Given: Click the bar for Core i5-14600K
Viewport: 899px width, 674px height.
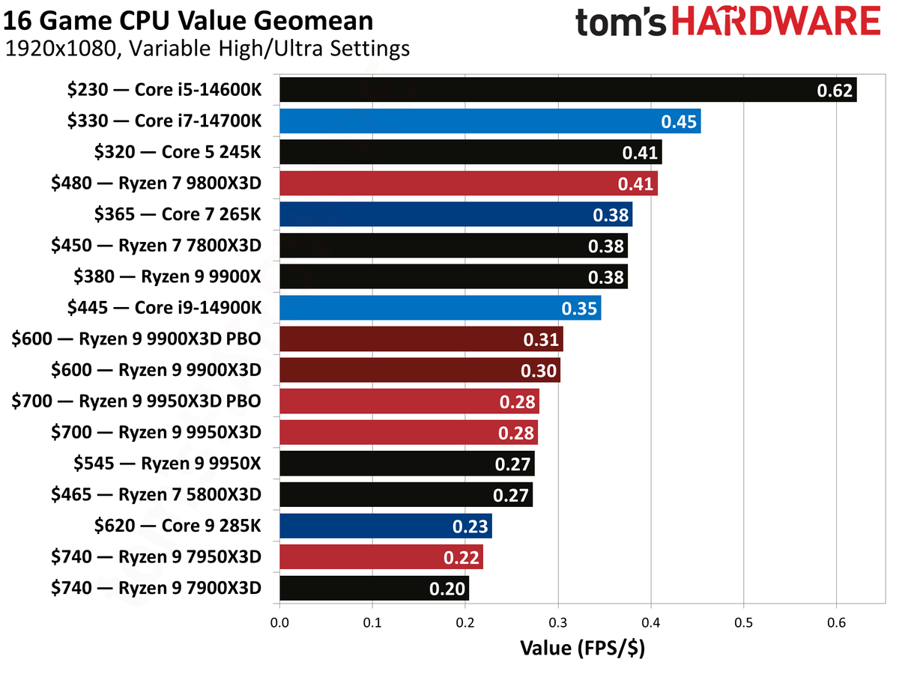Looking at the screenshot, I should [567, 91].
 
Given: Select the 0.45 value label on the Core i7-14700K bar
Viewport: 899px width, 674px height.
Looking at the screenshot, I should [680, 121].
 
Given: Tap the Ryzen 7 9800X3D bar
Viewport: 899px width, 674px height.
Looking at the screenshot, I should [468, 183].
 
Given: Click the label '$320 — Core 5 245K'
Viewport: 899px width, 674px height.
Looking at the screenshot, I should [178, 153].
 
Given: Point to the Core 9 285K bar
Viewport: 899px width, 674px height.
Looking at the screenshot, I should [385, 526].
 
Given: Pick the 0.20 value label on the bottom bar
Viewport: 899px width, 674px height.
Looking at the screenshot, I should [448, 589].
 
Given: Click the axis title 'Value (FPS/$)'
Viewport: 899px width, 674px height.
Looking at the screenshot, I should [582, 648].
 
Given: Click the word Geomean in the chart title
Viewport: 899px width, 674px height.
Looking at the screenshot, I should [312, 20].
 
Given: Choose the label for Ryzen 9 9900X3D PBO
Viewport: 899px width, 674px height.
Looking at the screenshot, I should [136, 339].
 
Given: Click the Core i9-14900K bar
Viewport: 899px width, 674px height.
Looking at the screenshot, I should [440, 308].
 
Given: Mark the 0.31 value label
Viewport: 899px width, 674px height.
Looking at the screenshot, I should [541, 340].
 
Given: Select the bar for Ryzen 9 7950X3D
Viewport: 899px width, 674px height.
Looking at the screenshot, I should [381, 557].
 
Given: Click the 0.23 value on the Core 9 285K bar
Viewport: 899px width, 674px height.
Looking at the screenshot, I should [471, 526].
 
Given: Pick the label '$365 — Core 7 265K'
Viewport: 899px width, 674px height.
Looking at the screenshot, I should [178, 215].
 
